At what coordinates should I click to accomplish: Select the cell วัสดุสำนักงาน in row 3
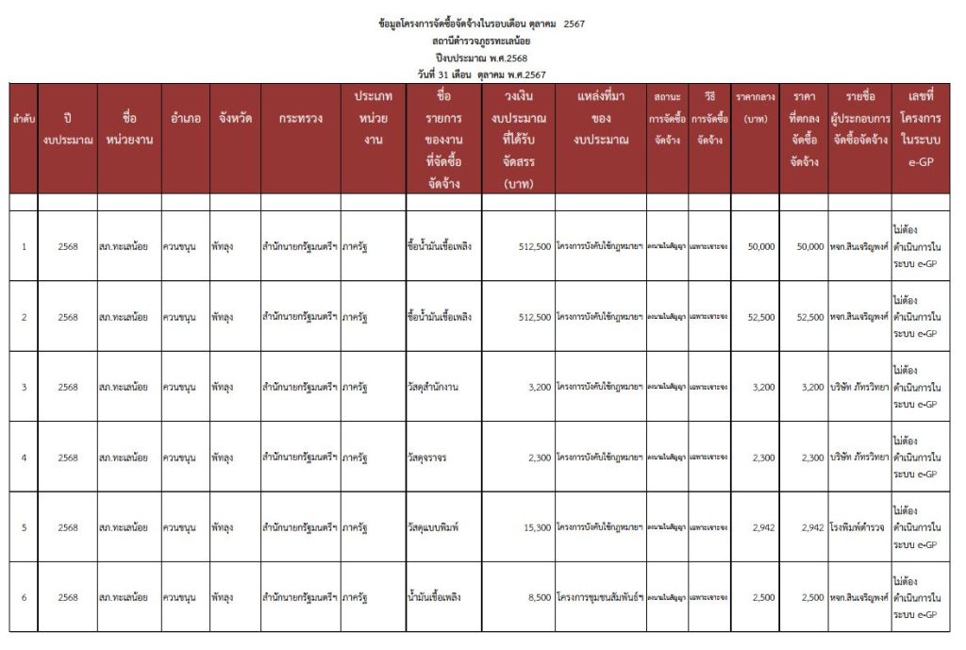439,387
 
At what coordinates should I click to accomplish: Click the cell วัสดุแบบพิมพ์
435,527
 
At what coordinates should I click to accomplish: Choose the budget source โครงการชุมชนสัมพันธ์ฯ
600,597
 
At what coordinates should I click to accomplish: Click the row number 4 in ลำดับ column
24,458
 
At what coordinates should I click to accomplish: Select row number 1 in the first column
24,247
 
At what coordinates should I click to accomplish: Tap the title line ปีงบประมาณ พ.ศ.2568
480,58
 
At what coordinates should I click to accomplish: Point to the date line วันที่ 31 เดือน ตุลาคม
480,74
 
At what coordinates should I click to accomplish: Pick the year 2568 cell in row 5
67,527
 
